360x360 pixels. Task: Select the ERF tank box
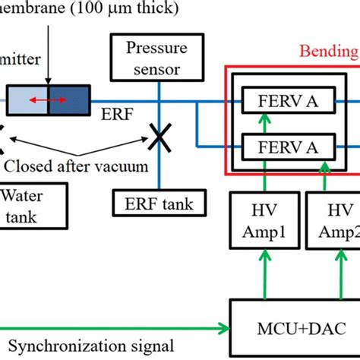pos(158,203)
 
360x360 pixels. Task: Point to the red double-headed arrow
pos(46,100)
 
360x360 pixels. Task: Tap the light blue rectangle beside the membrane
pos(27,100)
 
